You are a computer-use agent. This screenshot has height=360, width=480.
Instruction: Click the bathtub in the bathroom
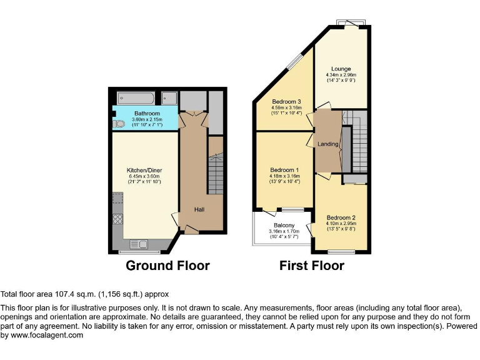tap(136, 99)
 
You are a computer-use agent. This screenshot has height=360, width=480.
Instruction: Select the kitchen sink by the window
tap(138, 244)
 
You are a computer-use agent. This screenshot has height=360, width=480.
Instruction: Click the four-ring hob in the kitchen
tap(117, 219)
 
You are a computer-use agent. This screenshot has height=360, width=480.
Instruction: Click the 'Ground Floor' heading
tap(167, 266)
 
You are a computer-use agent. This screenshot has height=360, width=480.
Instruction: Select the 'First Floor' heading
tap(311, 266)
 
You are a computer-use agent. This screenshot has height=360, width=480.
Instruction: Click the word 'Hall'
tap(199, 210)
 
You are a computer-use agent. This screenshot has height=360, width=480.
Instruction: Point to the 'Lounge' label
tap(341, 69)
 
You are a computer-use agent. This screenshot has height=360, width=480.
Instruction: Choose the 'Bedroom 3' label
tap(286, 102)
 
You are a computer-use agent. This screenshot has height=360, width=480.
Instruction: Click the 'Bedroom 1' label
tap(284, 170)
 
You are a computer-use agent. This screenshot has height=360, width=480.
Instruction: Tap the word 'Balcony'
tap(284, 226)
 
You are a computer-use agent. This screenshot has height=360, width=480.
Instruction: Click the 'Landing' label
tap(328, 144)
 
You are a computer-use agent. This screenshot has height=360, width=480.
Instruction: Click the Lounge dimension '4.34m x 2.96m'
tap(341, 75)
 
